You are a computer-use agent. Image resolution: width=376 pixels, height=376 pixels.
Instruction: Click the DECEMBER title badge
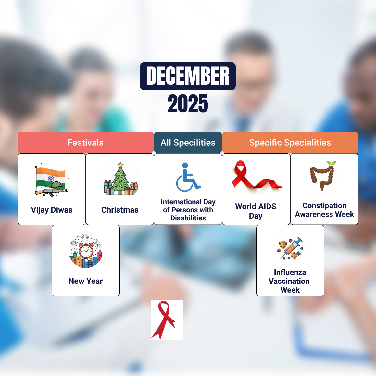(x=188, y=76)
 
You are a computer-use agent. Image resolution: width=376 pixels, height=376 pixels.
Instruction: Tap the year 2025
(x=188, y=104)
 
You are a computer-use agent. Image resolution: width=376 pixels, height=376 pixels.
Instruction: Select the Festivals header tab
(x=86, y=143)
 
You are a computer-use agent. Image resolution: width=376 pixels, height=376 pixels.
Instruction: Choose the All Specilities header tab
(x=188, y=143)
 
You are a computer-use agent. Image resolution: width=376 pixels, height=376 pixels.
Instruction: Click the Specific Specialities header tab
(x=290, y=143)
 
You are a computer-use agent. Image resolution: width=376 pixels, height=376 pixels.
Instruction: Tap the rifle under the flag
(x=51, y=192)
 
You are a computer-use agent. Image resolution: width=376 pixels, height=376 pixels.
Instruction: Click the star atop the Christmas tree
(x=120, y=165)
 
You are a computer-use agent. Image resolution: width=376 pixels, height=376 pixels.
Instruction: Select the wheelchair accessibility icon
(x=188, y=178)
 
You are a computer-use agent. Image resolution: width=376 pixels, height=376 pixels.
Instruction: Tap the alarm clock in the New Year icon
(x=86, y=251)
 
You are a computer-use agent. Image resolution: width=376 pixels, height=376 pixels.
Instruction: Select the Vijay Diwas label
(x=52, y=210)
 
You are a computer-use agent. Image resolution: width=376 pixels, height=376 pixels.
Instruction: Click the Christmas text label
(x=120, y=210)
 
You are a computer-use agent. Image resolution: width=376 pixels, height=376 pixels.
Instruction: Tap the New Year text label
(x=86, y=281)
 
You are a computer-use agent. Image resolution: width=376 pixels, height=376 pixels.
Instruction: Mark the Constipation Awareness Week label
(x=324, y=210)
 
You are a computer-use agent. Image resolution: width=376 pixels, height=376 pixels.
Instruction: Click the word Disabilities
(x=188, y=218)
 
